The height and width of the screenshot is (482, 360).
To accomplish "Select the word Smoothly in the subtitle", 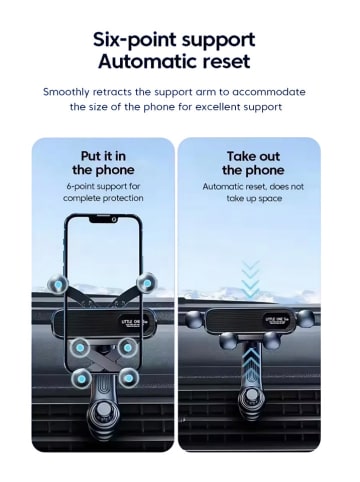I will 73,91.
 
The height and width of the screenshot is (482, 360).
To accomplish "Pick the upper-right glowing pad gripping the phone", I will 146,283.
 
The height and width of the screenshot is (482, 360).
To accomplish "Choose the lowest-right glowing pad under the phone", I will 129,378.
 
